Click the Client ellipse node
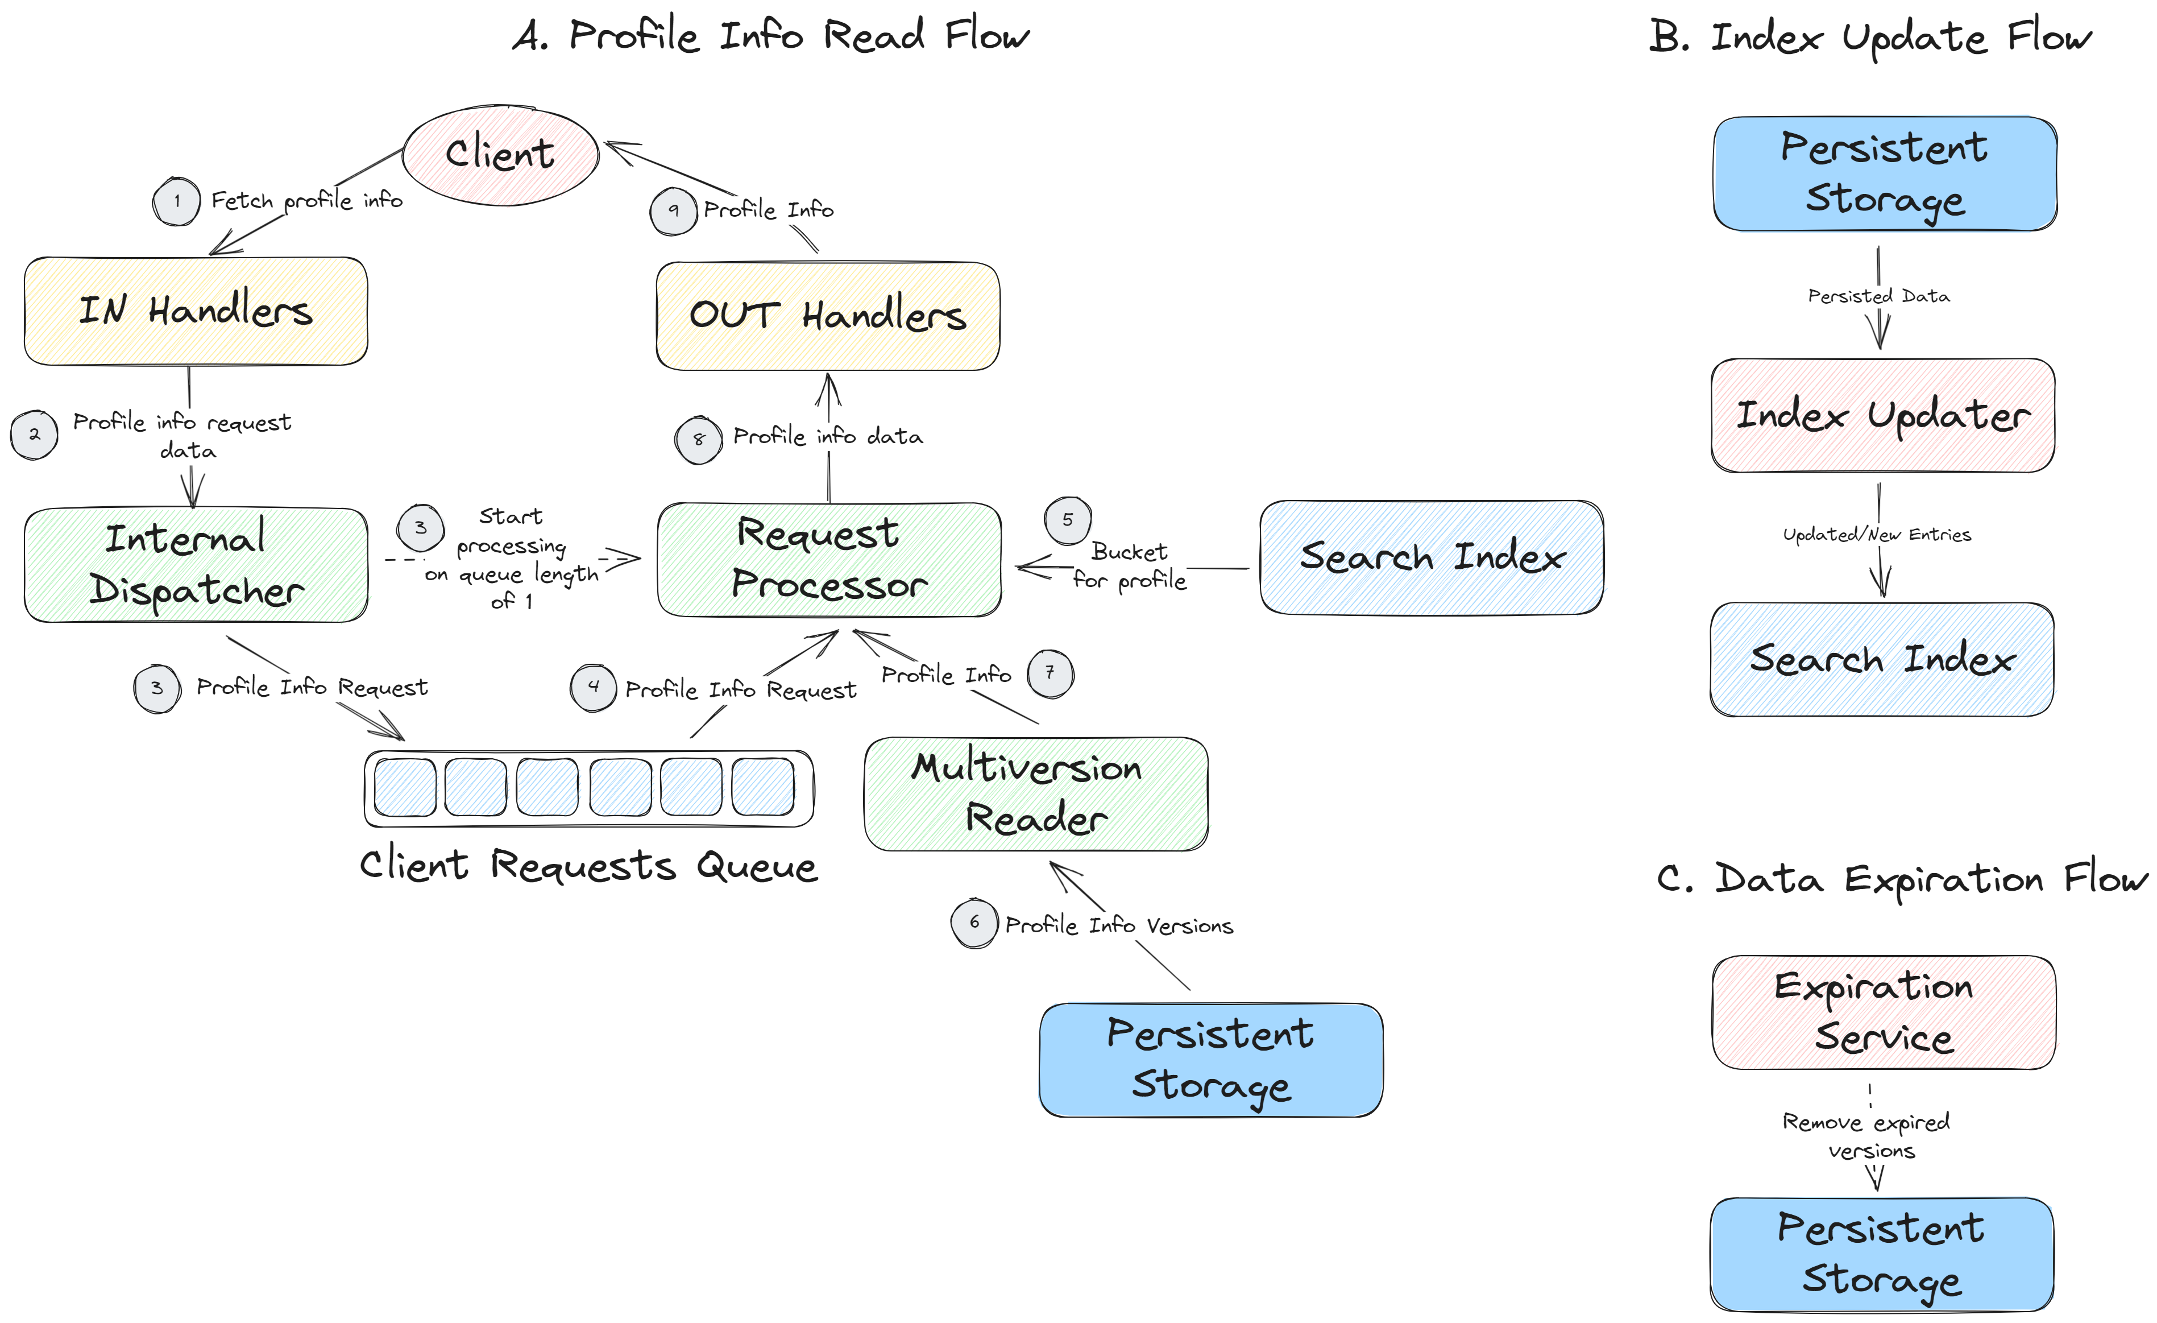click(500, 155)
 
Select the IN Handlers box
click(195, 311)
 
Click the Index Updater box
click(1882, 415)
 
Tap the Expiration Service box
click(1883, 1012)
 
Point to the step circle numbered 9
click(673, 211)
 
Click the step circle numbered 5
click(1067, 519)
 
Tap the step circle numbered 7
click(1050, 673)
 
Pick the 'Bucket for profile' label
click(1129, 565)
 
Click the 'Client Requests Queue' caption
click(588, 866)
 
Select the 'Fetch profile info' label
click(306, 201)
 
